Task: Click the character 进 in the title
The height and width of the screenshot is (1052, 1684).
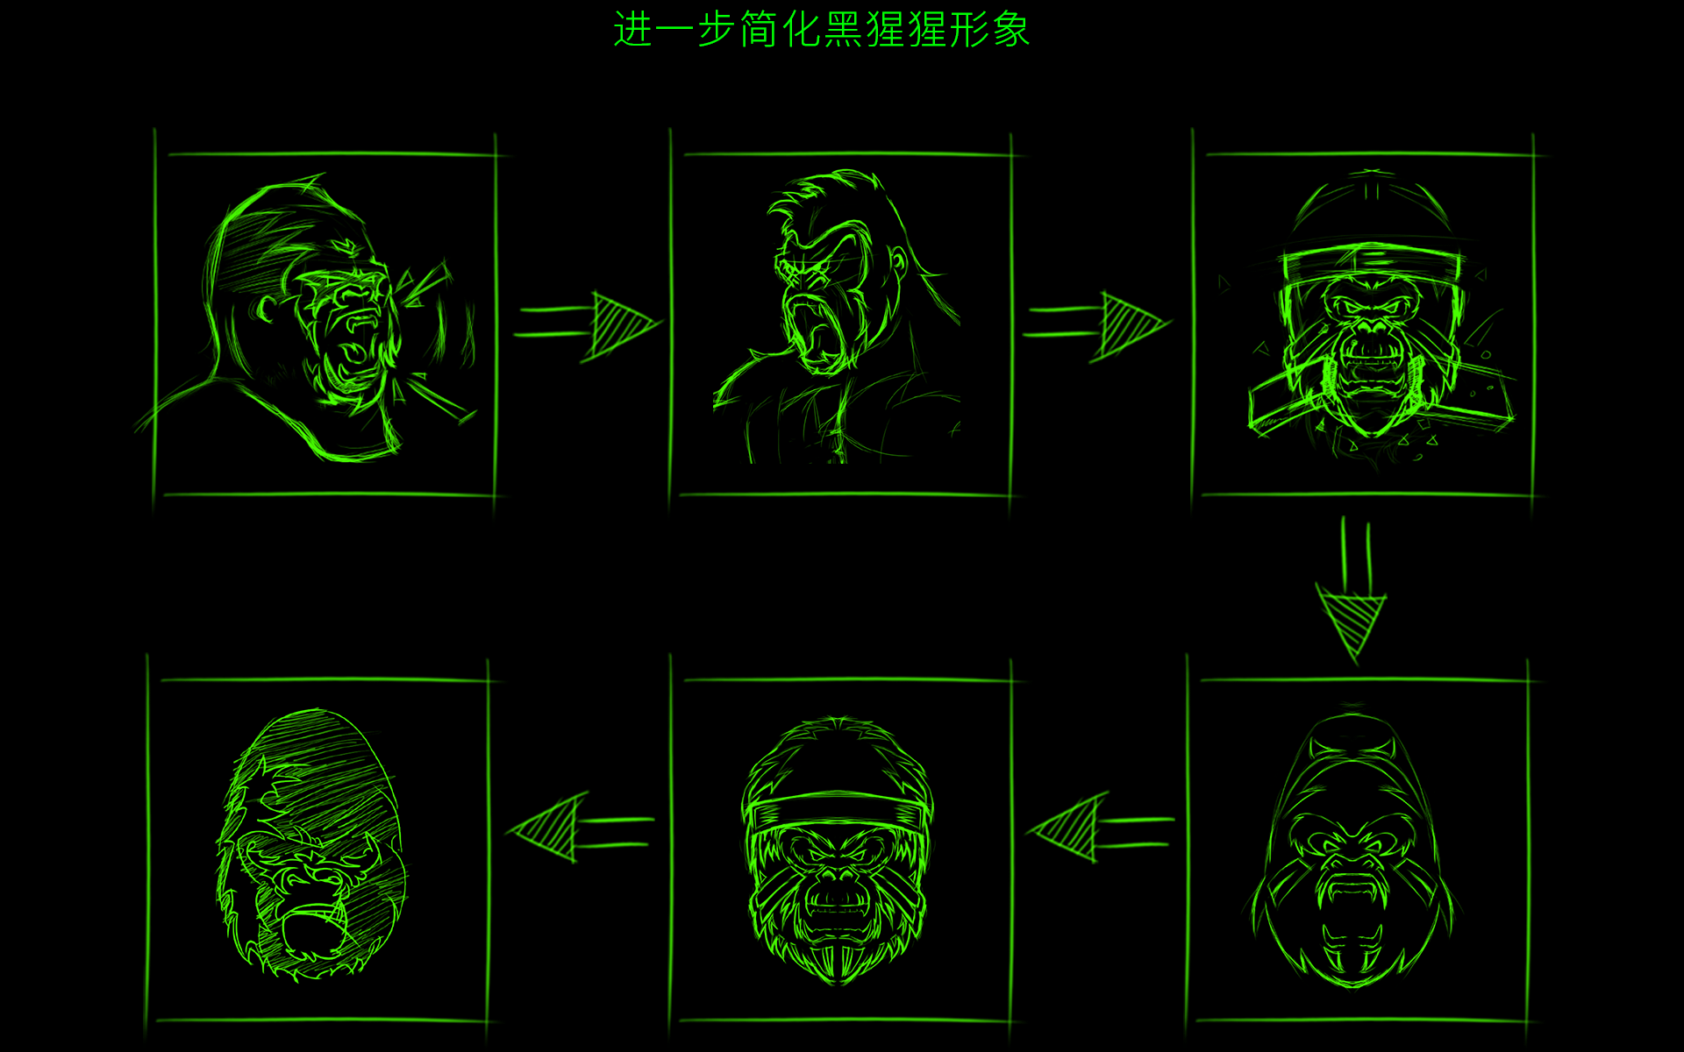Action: pyautogui.click(x=633, y=30)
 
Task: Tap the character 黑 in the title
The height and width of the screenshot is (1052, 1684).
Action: pyautogui.click(x=845, y=30)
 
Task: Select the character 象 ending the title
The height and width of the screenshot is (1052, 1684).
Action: pyautogui.click(x=1011, y=30)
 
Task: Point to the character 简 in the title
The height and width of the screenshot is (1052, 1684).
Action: pyautogui.click(x=760, y=30)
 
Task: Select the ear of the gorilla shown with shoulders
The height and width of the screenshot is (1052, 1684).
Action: pyautogui.click(x=900, y=263)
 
